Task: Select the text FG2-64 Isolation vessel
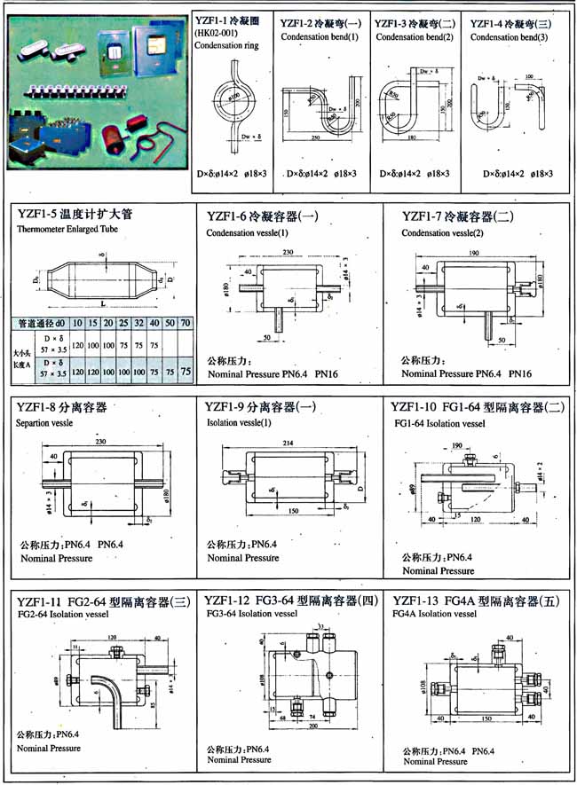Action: tap(61, 614)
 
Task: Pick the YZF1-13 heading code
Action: tap(414, 600)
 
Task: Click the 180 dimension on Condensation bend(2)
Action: tap(413, 138)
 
